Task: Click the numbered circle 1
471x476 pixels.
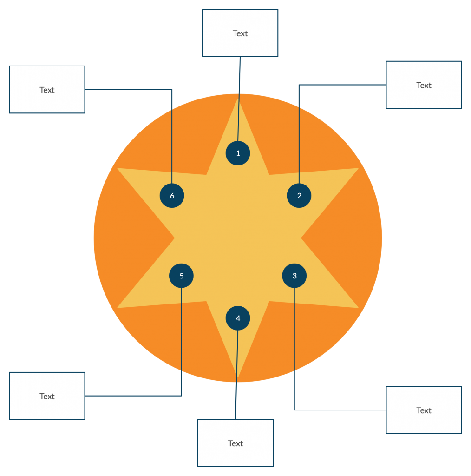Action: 238,153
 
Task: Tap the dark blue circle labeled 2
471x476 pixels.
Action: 299,196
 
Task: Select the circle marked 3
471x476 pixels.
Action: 294,276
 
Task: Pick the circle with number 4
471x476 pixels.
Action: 238,318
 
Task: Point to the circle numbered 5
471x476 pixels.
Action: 181,276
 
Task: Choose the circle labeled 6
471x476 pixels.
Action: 172,196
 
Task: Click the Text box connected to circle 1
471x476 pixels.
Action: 240,33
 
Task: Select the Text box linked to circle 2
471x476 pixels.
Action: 424,85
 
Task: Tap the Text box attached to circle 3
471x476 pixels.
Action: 424,410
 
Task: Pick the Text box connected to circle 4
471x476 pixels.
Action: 235,443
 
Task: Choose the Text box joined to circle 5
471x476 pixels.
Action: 47,396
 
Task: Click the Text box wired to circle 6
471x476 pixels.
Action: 47,90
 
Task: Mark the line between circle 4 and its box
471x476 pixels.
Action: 237,372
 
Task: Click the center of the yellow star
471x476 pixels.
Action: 238,238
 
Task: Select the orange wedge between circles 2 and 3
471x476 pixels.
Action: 344,238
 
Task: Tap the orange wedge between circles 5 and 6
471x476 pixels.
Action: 132,238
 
